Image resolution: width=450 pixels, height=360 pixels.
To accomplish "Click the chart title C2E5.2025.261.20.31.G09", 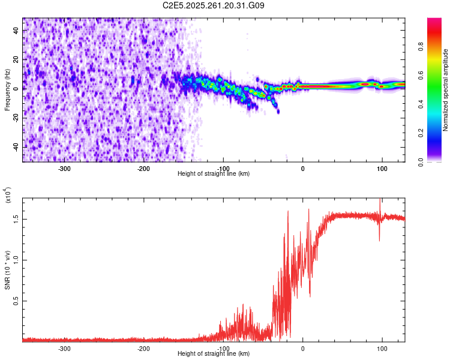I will point(214,5).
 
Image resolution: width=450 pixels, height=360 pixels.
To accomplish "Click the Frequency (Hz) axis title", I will point(7,89).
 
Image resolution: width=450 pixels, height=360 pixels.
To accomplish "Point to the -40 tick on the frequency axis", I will point(16,147).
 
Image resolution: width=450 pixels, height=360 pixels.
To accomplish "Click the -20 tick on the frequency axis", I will point(16,118).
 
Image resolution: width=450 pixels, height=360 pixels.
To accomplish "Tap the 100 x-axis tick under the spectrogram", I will point(382,168).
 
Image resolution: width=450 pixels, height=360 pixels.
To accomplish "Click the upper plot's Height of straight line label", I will point(214,173).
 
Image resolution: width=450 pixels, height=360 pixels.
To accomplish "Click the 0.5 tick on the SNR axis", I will point(17,301).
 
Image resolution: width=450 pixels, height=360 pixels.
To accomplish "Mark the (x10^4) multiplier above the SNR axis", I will point(8,196).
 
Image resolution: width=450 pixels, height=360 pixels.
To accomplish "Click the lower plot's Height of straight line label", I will point(214,353).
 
